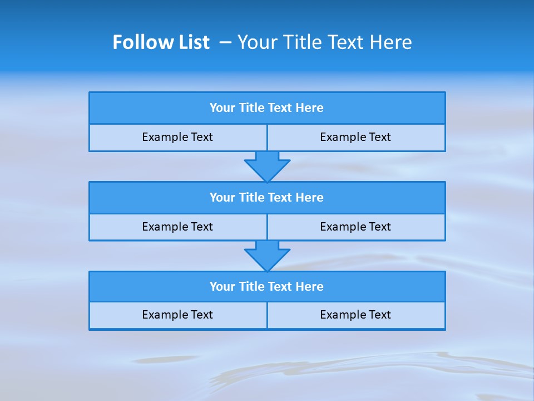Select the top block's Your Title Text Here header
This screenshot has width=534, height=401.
[266, 108]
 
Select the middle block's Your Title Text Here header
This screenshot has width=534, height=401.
[266, 198]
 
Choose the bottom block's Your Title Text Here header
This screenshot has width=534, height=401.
[266, 287]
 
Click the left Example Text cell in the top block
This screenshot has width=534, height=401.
[177, 137]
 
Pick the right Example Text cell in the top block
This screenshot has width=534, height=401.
[355, 137]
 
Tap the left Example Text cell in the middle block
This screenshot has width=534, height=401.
[177, 227]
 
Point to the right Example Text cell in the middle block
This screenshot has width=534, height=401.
[355, 227]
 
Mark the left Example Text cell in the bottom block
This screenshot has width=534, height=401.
[177, 315]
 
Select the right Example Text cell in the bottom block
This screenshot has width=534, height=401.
[355, 315]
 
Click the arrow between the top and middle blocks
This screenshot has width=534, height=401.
[267, 166]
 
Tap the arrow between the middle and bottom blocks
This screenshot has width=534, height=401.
[267, 256]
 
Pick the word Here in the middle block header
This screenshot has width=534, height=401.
[309, 198]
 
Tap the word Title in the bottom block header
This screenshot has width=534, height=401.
[251, 287]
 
